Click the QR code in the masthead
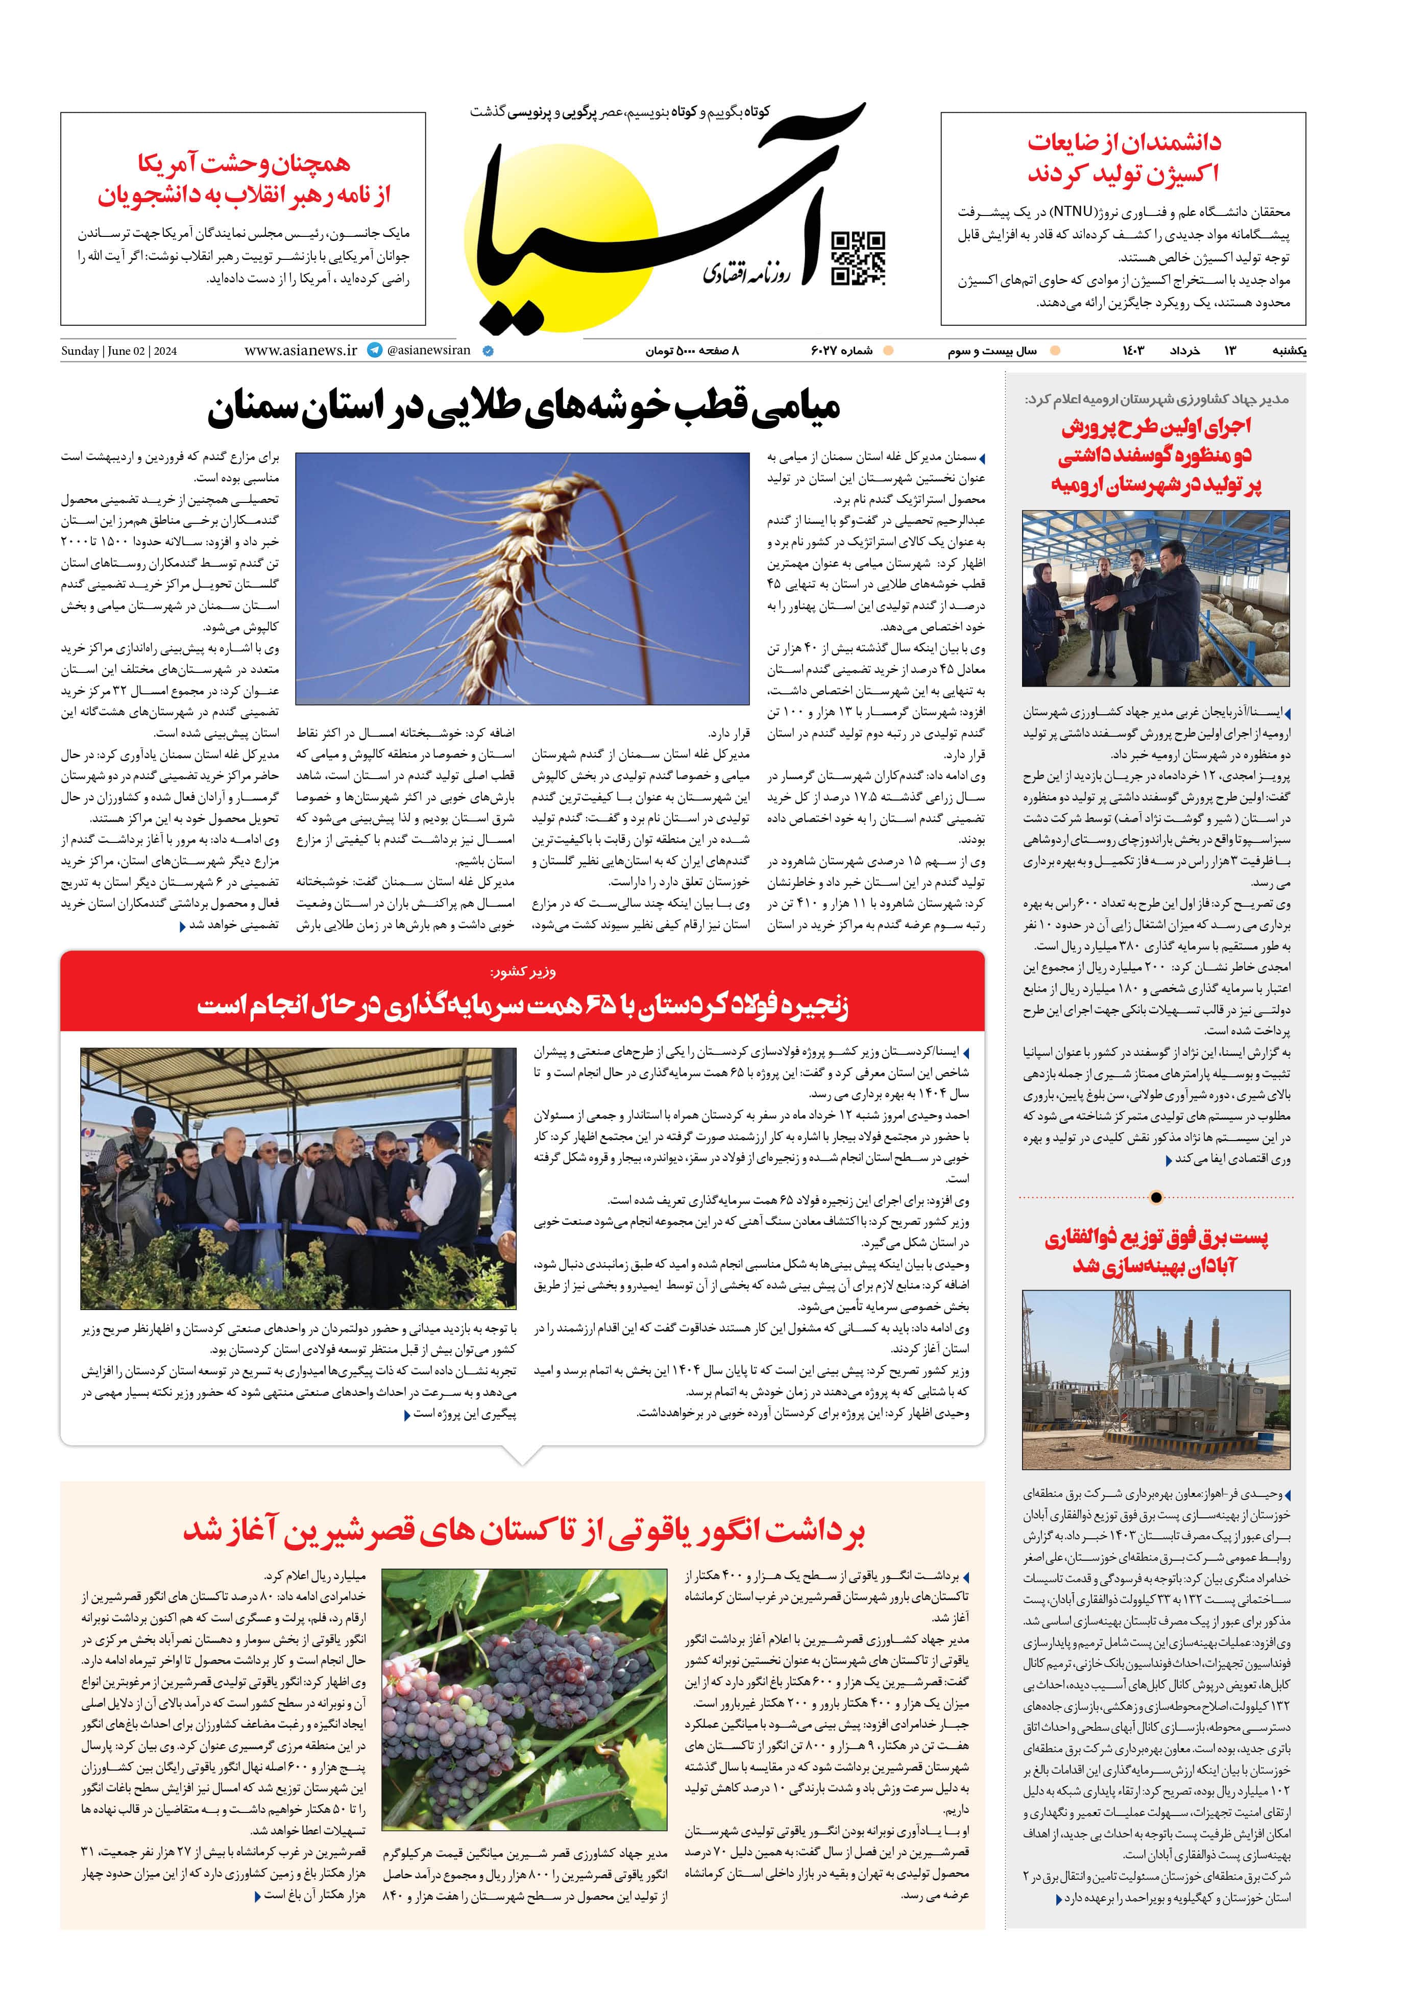point(857,258)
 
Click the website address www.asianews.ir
point(300,350)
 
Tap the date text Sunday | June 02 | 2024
point(118,351)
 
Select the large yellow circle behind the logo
point(561,236)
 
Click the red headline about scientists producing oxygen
point(1123,158)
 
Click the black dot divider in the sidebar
point(1156,1197)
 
